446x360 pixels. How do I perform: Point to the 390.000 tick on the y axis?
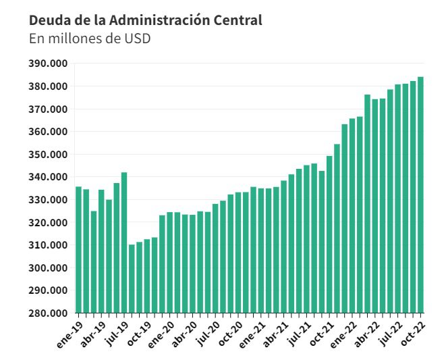[x=48, y=63]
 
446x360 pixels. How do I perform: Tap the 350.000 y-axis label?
[x=48, y=155]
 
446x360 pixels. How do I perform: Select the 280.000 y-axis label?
[x=48, y=313]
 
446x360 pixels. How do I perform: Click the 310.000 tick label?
[x=48, y=245]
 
